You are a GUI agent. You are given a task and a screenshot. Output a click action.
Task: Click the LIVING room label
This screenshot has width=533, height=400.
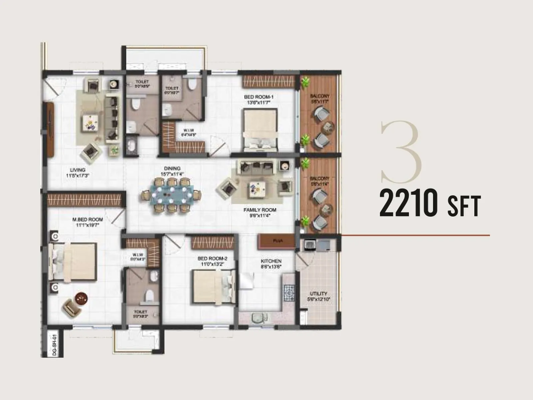pyautogui.click(x=78, y=170)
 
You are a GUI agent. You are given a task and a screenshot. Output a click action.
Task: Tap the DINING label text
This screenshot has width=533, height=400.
pyautogui.click(x=172, y=168)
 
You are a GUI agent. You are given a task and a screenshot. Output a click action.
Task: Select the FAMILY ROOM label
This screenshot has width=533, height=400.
pyautogui.click(x=260, y=210)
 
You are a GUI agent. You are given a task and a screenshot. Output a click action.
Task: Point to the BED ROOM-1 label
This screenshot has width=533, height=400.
pyautogui.click(x=259, y=97)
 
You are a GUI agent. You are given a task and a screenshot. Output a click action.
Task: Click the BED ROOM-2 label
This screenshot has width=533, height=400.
pyautogui.click(x=212, y=258)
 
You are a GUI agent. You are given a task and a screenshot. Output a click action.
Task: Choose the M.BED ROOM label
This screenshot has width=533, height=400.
pyautogui.click(x=87, y=220)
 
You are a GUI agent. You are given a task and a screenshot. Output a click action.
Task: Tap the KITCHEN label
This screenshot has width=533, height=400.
pyautogui.click(x=271, y=261)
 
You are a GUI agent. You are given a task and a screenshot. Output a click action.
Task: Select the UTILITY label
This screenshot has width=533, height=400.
pyautogui.click(x=318, y=294)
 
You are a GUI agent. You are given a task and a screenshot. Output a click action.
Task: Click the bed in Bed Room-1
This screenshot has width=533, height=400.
pyautogui.click(x=260, y=130)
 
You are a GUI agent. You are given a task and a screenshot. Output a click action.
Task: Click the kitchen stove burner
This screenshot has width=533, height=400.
pyautogui.click(x=289, y=293)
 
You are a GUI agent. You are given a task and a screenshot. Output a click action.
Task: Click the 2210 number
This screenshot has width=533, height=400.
pyautogui.click(x=408, y=203)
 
